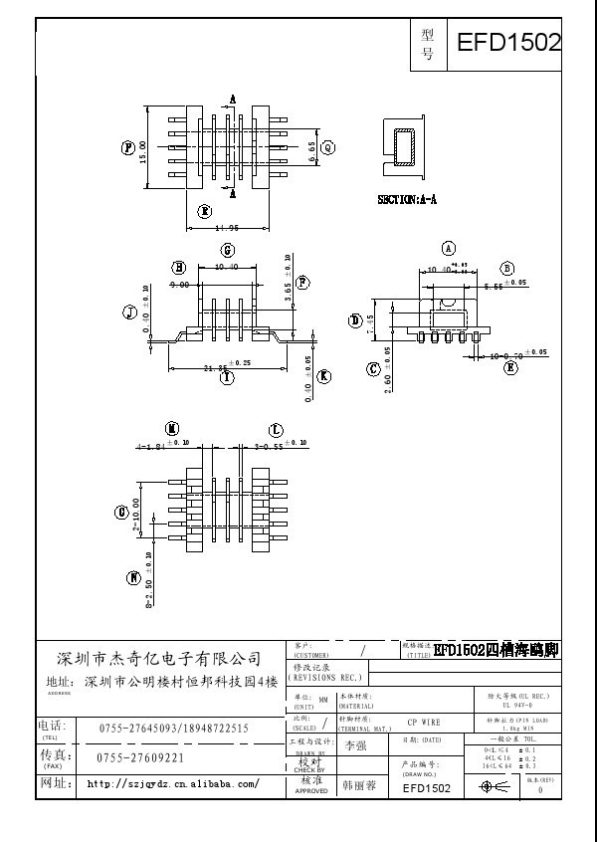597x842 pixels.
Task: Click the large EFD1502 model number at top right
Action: coord(508,43)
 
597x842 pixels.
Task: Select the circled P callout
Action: coord(128,147)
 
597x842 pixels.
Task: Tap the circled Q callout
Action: coord(325,147)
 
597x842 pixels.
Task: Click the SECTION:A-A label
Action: coord(407,200)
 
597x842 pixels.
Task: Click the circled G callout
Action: coord(227,250)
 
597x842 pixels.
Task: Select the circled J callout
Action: coord(129,313)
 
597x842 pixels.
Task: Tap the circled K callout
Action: coord(324,376)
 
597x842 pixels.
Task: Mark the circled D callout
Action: coord(355,319)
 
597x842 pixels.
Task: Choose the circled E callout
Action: coord(510,367)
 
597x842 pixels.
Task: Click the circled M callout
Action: coord(172,429)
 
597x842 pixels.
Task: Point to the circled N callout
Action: coord(133,577)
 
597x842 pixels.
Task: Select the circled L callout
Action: coord(276,429)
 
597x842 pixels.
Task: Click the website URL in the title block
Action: coord(174,784)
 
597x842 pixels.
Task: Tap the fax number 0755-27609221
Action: coord(140,757)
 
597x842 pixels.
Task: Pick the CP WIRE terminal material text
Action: coord(425,722)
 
